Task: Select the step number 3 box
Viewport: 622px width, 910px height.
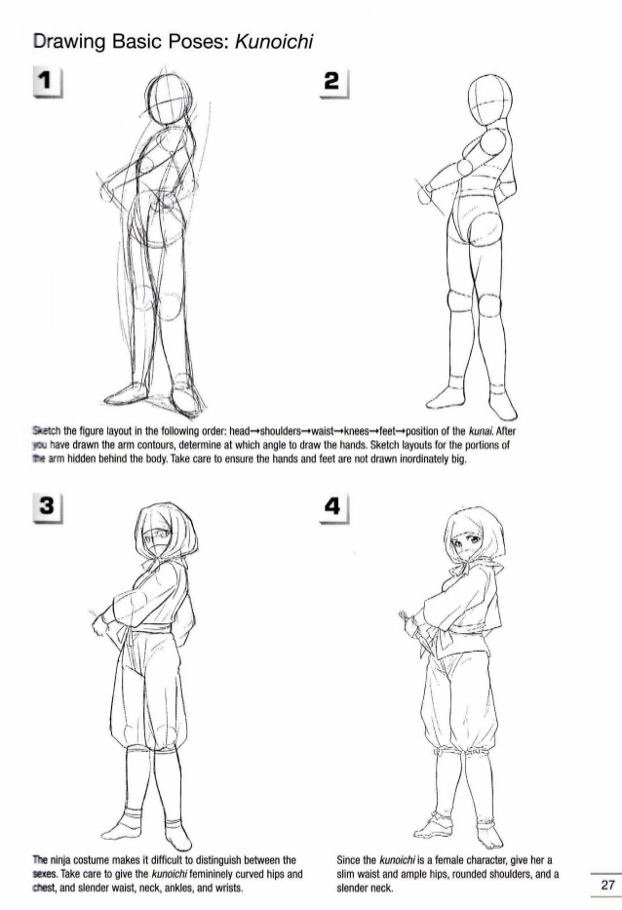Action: tap(47, 505)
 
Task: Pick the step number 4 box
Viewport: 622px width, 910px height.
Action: tap(332, 505)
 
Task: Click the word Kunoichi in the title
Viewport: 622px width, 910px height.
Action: tap(274, 42)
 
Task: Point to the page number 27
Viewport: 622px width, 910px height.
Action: tap(606, 886)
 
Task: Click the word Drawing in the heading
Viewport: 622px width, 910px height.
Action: tap(69, 42)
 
